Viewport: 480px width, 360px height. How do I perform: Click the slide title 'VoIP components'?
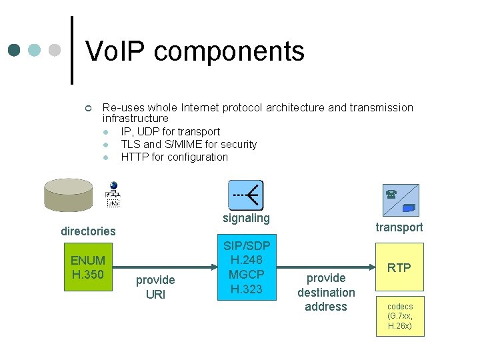tap(195, 51)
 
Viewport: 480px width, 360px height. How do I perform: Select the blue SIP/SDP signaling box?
tap(246, 267)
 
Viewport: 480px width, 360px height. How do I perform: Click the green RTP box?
tap(399, 267)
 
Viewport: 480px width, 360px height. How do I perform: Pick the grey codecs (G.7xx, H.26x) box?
tap(399, 317)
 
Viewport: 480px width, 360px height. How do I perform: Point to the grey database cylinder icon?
tap(68, 194)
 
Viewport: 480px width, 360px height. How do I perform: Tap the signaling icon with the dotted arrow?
tap(246, 195)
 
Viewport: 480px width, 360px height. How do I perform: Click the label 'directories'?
tap(88, 231)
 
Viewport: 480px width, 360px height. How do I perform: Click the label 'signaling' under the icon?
tap(246, 218)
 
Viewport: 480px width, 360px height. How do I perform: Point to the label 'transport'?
tap(399, 227)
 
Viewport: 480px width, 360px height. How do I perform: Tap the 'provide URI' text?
tap(155, 287)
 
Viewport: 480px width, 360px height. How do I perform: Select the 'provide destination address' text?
tap(326, 292)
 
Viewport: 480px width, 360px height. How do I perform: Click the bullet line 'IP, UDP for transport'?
tap(170, 131)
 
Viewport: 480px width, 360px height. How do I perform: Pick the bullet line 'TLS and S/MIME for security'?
tap(189, 144)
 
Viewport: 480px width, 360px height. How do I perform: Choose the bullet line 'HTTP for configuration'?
tap(174, 157)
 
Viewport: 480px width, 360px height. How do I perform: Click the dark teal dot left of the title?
tap(15, 51)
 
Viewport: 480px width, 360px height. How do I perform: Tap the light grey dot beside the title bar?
tap(56, 51)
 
